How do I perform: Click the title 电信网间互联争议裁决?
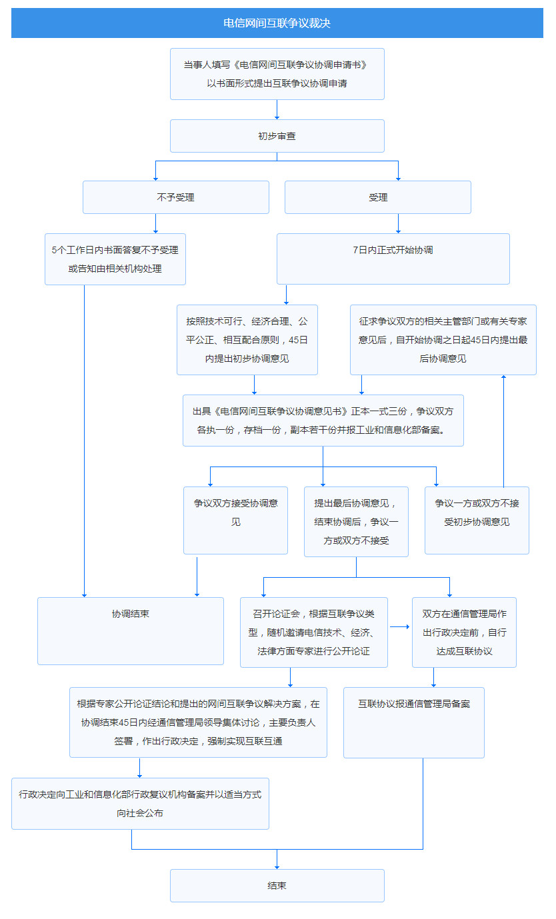tap(277, 23)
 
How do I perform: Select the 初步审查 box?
tap(277, 136)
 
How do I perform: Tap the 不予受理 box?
tap(175, 197)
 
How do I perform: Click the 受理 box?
tap(377, 197)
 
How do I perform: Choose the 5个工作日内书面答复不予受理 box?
tap(115, 259)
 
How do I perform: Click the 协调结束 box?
tap(130, 630)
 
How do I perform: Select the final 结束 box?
tap(277, 885)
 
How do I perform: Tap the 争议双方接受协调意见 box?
tap(235, 520)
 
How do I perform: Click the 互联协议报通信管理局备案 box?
tap(413, 722)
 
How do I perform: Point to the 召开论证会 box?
tap(313, 632)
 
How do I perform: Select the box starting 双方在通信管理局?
tap(464, 632)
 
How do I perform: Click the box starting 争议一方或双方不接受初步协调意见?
tap(477, 520)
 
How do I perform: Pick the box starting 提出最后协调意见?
tap(356, 521)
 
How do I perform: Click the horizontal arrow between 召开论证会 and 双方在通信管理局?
tap(399, 626)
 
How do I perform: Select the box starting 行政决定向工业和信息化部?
tap(140, 803)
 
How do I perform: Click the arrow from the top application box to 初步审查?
tap(277, 110)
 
